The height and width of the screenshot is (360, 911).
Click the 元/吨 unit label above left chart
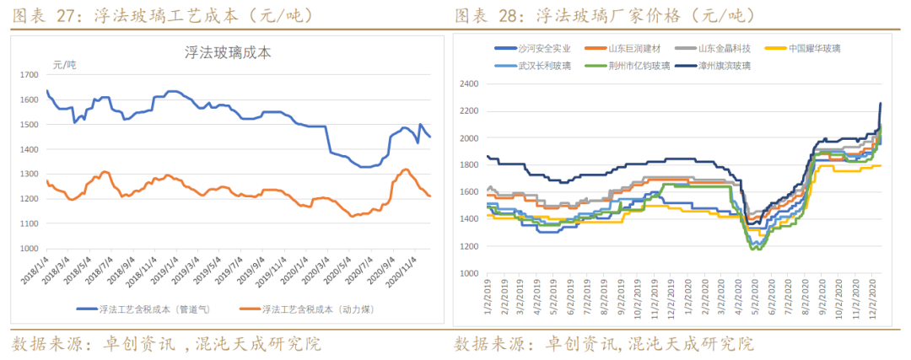(x=64, y=65)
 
